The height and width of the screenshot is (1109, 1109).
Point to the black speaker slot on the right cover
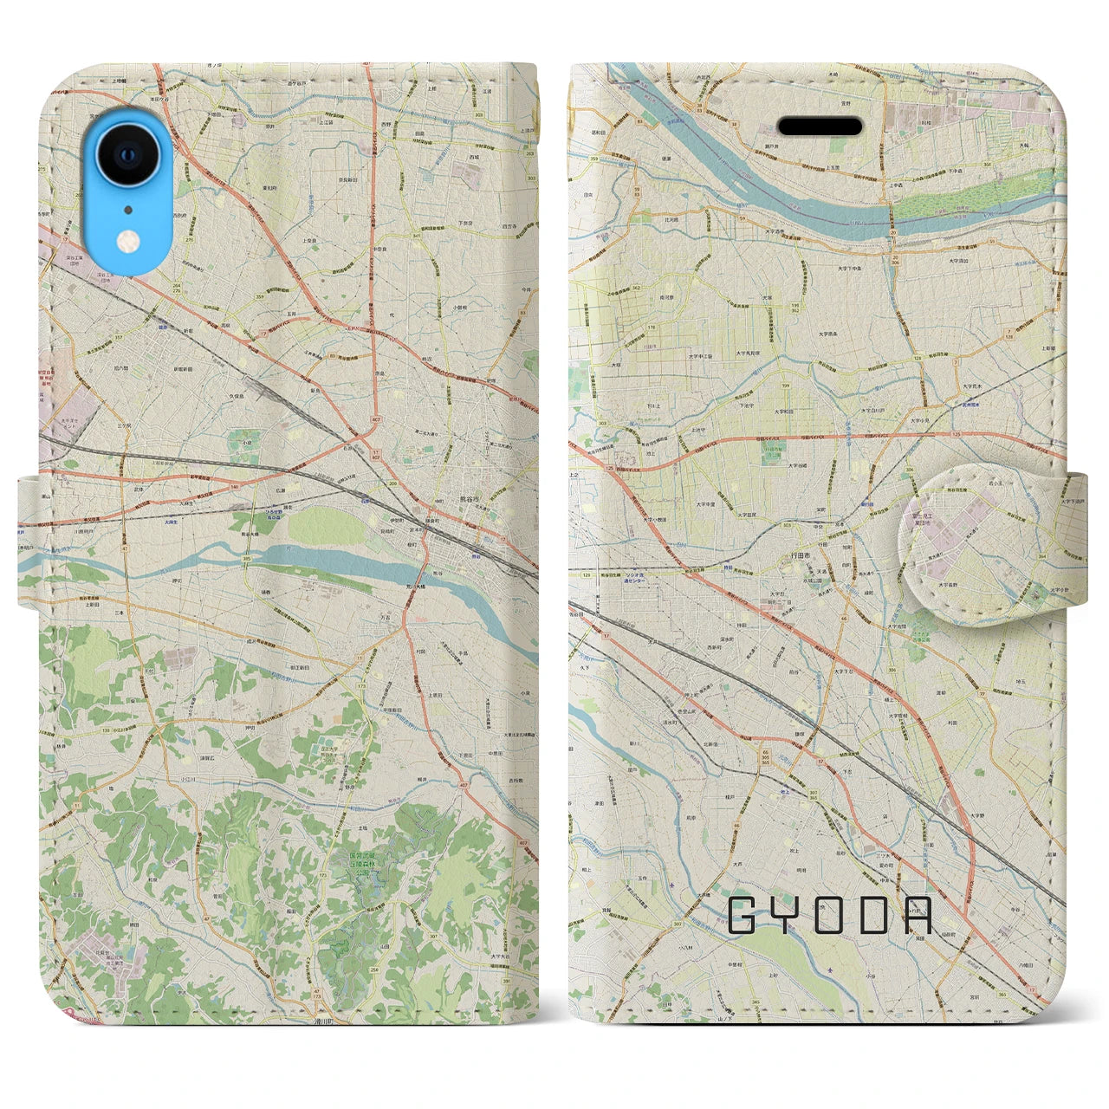point(820,126)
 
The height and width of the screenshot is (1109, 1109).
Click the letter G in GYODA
point(743,915)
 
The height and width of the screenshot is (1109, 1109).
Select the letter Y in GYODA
point(785,915)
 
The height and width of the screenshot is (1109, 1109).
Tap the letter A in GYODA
point(916,915)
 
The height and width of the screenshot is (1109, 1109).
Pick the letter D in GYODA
point(872,915)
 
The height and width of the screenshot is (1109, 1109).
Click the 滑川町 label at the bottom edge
point(324,1021)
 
